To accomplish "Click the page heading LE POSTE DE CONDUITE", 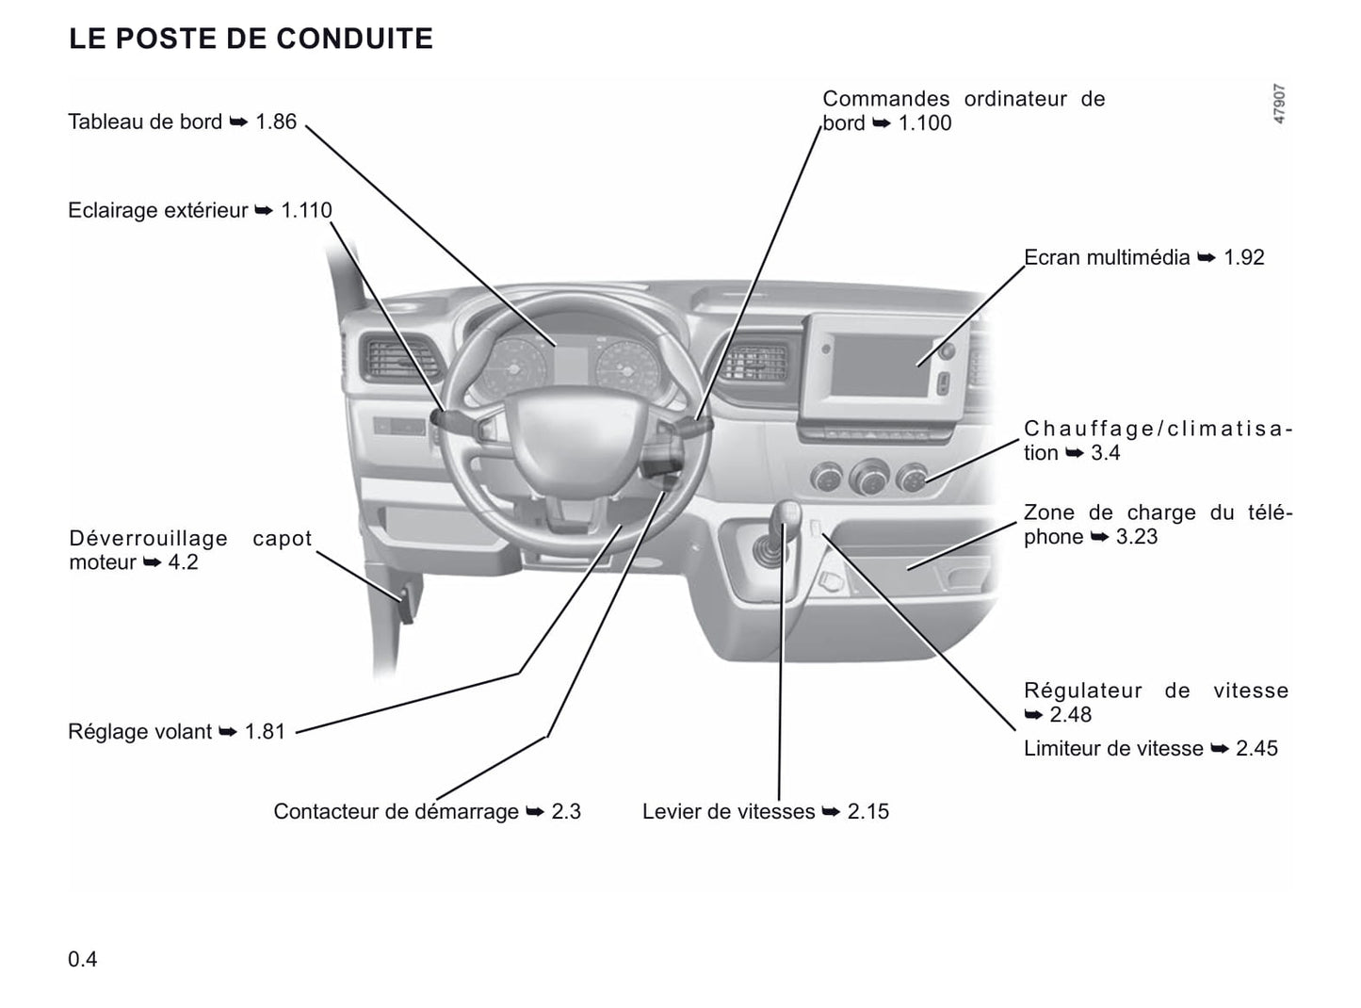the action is click(251, 39).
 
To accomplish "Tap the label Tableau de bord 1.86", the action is click(182, 122).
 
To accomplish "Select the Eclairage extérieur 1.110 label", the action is click(200, 210).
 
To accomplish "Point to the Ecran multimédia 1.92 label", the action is click(1143, 257).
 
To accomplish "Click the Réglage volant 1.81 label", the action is click(177, 731).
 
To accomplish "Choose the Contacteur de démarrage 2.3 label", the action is click(427, 811).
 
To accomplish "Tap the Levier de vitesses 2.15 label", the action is click(765, 811).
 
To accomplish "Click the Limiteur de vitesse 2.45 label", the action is click(1151, 748).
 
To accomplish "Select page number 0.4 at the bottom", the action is click(83, 959).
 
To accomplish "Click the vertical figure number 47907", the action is click(1279, 104).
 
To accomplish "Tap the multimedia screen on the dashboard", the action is click(881, 366).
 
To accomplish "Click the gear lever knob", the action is click(788, 512).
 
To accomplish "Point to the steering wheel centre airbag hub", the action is click(576, 439).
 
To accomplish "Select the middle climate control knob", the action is click(869, 477).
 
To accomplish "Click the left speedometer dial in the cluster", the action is click(513, 368).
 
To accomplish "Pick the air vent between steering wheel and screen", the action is click(754, 363).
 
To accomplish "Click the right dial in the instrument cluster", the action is click(627, 368).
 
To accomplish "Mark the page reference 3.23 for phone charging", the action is click(1137, 537).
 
